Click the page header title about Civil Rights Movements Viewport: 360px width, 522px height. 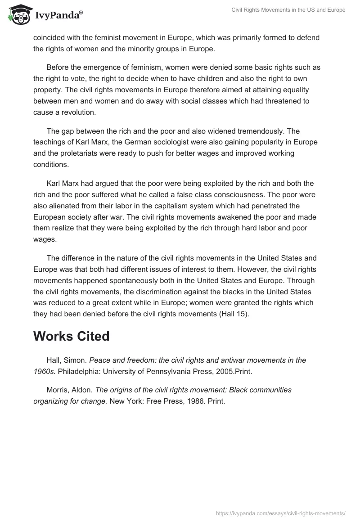(x=288, y=10)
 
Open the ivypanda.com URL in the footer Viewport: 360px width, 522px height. (x=281, y=513)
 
